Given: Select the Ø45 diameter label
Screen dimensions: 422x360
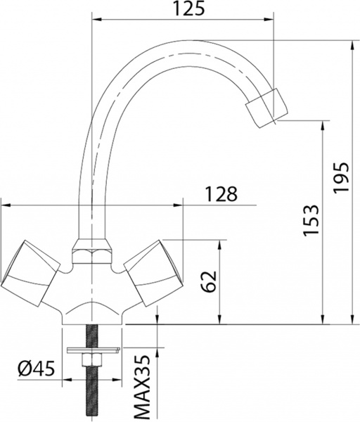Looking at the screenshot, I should click(35, 368).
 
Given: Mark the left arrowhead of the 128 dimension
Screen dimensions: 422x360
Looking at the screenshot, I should click(4, 205).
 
